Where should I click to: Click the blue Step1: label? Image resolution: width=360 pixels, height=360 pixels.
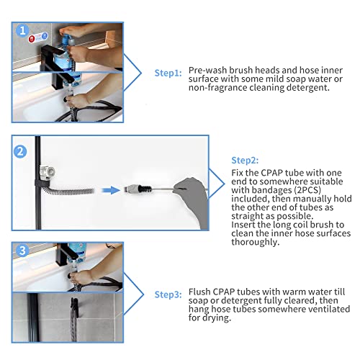tap(168, 73)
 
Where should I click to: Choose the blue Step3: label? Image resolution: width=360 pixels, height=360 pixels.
tap(168, 294)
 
